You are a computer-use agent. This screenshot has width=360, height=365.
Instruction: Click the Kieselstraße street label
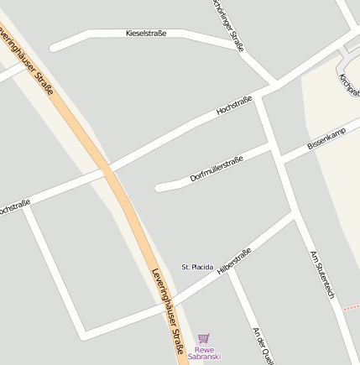tap(146, 34)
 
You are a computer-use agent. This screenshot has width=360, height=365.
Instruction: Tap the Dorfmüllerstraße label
tap(217, 169)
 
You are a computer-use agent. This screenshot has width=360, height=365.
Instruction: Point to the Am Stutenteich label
tap(322, 274)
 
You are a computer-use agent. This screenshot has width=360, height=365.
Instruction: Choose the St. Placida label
tap(197, 267)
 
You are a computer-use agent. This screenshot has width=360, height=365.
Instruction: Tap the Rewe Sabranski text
tap(204, 353)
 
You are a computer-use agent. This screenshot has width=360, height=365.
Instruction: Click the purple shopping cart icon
tap(204, 338)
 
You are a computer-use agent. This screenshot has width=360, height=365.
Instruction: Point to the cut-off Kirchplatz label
tap(349, 84)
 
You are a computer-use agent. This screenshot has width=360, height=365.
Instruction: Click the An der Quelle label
tap(263, 345)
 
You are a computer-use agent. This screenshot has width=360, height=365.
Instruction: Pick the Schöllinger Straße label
tap(227, 25)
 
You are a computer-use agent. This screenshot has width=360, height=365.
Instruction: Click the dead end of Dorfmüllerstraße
tap(159, 187)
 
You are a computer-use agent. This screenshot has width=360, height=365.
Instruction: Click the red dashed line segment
tap(351, 308)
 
